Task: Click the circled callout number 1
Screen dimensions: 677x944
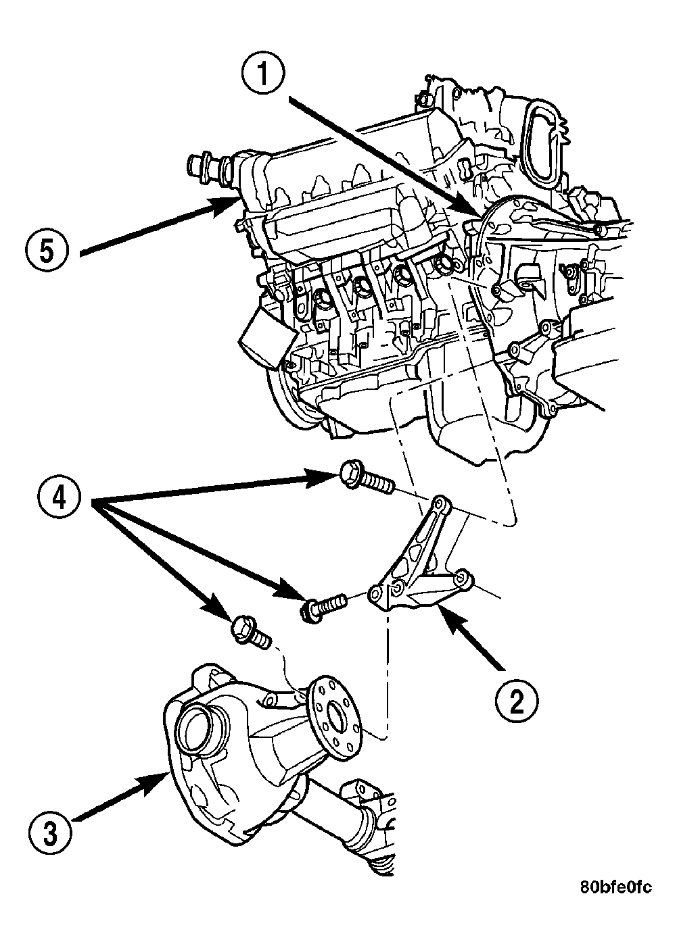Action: [x=263, y=74]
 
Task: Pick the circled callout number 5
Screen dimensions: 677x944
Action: [x=47, y=252]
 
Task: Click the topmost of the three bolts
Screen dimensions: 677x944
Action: [x=366, y=478]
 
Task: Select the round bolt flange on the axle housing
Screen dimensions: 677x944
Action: [x=335, y=718]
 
